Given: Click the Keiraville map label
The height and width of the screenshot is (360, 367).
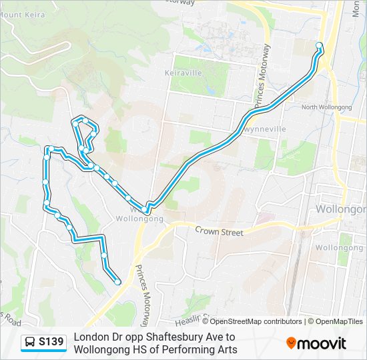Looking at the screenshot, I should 183,73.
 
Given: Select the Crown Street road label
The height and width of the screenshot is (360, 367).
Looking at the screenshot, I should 219,232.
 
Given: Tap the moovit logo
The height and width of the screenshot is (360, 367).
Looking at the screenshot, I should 316,343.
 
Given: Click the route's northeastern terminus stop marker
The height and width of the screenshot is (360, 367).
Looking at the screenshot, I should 319,45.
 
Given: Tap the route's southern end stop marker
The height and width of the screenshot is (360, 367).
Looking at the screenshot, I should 118,281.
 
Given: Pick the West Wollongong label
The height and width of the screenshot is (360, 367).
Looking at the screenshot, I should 139,214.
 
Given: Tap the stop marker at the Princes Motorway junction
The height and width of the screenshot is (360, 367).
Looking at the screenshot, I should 145,209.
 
